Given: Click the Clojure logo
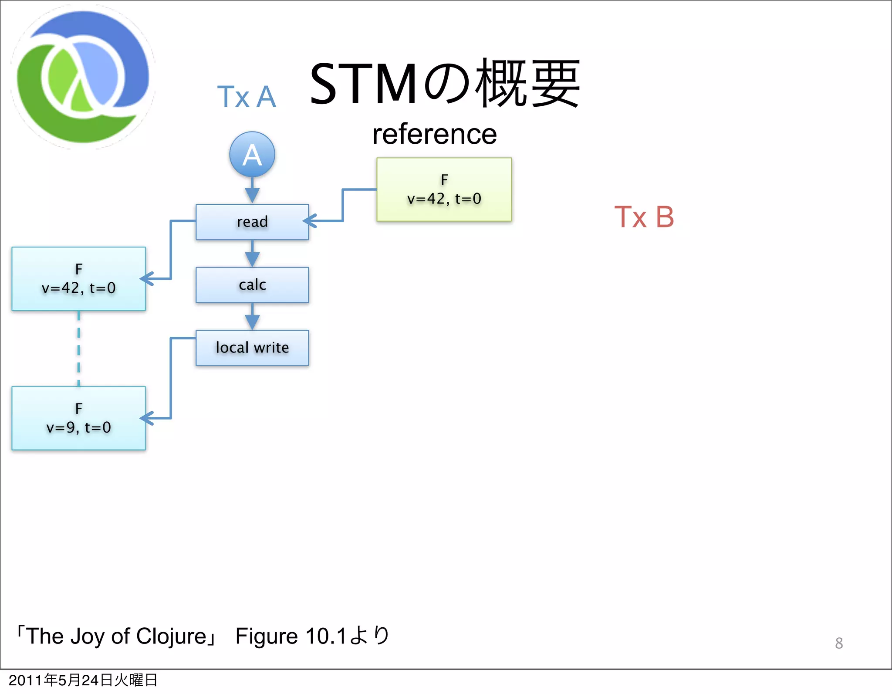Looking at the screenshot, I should tap(83, 77).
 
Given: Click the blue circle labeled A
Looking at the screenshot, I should tap(252, 155).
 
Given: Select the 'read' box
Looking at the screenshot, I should tap(252, 222).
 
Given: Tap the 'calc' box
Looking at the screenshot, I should tap(252, 285).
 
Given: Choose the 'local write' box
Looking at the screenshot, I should tap(252, 348).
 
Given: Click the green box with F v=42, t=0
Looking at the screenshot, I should tap(444, 190).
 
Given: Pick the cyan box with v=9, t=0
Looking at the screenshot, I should tap(78, 418).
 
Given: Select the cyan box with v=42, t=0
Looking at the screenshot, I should tap(78, 279).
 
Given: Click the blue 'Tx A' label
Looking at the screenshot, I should tap(247, 97).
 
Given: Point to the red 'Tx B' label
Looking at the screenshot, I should tap(644, 217).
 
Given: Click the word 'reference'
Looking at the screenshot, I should tap(434, 134).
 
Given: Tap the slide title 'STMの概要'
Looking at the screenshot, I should tap(444, 84).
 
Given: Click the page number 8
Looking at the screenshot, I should tap(839, 643).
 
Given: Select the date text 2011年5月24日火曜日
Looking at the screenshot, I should tap(83, 680).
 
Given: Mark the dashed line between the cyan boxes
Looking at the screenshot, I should tap(78, 349).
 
